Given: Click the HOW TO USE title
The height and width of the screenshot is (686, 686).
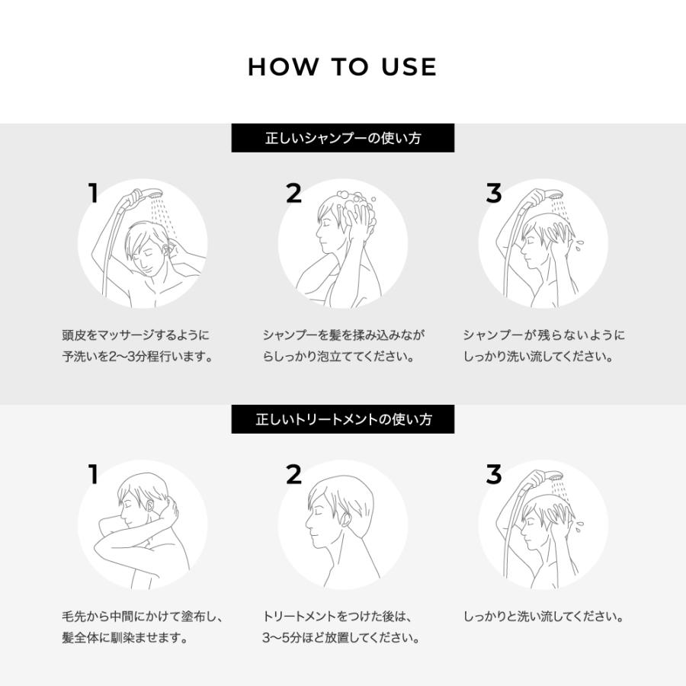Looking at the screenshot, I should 342,67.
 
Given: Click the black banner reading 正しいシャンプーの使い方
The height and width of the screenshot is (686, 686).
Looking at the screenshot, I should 343,139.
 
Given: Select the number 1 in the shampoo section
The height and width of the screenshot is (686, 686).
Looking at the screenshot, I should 93,194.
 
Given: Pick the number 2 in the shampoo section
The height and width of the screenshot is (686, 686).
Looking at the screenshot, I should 293,194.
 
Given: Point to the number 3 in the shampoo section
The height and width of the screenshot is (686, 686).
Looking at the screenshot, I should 494,194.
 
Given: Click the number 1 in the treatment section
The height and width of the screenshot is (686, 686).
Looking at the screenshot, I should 93,475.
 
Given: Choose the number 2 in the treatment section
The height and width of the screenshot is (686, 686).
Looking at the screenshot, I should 293,475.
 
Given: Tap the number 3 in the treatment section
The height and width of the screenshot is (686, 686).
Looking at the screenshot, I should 494,475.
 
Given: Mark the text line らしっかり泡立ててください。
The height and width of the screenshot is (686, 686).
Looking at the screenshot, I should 338,357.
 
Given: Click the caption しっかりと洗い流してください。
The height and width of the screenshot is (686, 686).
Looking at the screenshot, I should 543,617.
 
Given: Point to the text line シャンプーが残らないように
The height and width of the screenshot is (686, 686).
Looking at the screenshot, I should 543,335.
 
